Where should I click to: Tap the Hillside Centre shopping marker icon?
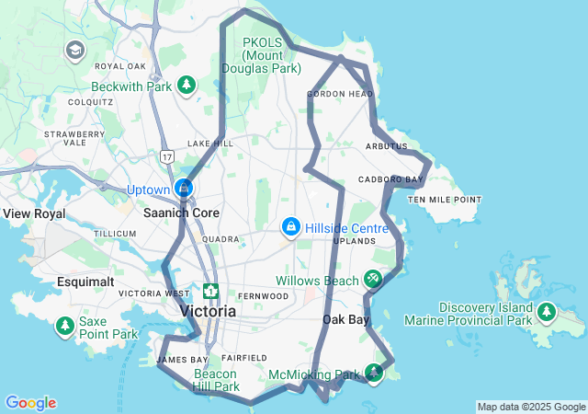[x=290, y=225]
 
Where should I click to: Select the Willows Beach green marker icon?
[x=372, y=278]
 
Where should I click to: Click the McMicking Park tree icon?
[x=374, y=373]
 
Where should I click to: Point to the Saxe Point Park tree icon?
[x=65, y=326]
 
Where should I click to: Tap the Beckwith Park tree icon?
[x=187, y=86]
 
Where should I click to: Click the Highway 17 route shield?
[x=166, y=157]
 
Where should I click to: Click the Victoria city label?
[x=209, y=311]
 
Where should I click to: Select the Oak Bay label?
[x=345, y=320]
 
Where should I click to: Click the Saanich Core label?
[x=179, y=212]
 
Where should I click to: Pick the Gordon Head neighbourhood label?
[x=340, y=94]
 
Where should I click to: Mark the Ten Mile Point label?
[x=445, y=200]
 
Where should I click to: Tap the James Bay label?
[x=182, y=359]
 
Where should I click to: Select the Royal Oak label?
[x=120, y=66]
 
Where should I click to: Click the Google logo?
[x=30, y=403]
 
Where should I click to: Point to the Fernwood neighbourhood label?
[x=264, y=296]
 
